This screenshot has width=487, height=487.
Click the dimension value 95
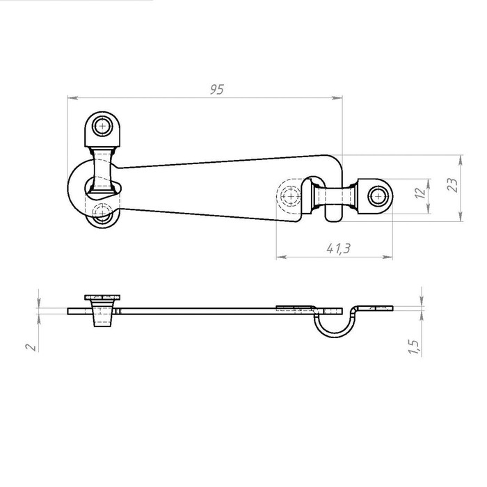point(217,90)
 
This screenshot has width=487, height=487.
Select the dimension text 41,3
point(338,248)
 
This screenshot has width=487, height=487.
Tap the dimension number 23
point(452,185)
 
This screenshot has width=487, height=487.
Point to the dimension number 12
point(420,193)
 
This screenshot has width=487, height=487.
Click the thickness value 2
point(31,347)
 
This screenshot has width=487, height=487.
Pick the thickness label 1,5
point(414,346)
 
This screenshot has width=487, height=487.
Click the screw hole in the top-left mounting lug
point(102,126)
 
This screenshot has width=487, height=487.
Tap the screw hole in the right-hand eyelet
point(378,196)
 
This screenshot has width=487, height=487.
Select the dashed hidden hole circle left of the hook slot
point(290,196)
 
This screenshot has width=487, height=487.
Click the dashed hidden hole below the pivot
point(102,212)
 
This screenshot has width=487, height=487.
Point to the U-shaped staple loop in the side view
point(335,322)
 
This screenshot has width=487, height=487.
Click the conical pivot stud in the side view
point(102,313)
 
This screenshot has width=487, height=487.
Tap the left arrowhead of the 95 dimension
point(73,98)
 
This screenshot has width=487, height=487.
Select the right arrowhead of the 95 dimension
point(337,98)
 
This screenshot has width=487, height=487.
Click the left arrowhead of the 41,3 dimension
point(282,257)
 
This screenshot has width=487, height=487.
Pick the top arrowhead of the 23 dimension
point(461,160)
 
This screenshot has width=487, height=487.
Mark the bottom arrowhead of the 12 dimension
point(429,209)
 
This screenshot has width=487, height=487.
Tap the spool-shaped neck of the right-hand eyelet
point(335,196)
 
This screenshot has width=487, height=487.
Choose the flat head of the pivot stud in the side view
point(102,298)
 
